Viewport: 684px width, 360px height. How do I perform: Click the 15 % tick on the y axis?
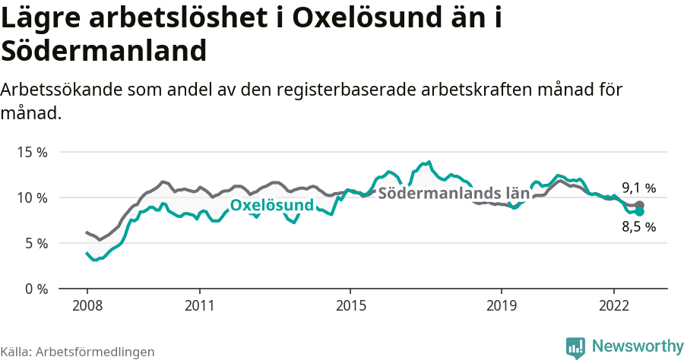(x=32, y=152)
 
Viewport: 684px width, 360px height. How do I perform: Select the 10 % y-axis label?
(x=32, y=197)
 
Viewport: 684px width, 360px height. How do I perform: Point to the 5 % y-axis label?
(x=35, y=243)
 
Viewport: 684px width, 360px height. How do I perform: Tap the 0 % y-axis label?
(x=35, y=289)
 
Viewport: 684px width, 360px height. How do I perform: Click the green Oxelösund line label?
(x=272, y=206)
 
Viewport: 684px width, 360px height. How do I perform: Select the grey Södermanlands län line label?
(x=454, y=192)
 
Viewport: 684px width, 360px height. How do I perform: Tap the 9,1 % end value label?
(x=638, y=188)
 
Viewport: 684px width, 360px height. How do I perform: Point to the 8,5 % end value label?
(x=638, y=226)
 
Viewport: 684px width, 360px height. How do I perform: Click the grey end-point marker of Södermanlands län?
(x=640, y=205)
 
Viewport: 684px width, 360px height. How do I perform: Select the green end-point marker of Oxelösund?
(x=640, y=212)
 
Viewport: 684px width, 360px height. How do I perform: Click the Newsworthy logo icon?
(x=575, y=347)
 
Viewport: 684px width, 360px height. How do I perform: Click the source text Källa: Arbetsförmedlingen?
(x=78, y=352)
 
